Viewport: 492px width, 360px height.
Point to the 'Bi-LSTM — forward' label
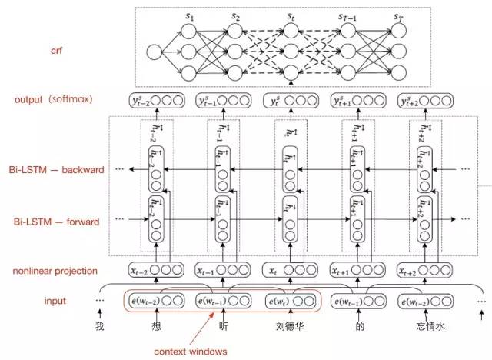55,222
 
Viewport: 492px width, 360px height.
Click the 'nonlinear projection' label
55,271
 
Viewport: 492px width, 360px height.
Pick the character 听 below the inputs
219,324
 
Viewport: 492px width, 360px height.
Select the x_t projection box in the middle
288,270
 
